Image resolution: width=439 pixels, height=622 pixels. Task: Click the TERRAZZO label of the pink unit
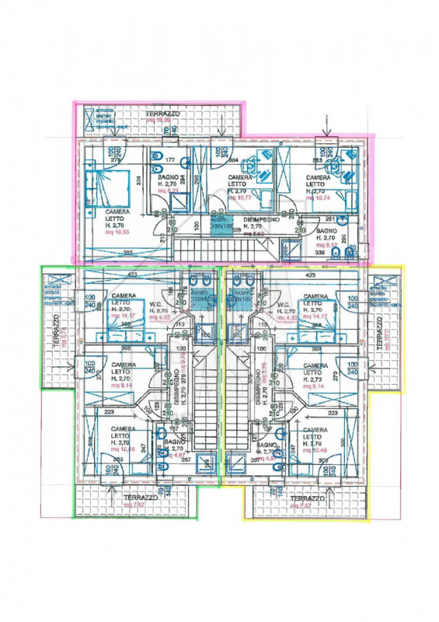(x=163, y=114)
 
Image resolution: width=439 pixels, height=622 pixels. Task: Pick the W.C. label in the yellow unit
(x=267, y=304)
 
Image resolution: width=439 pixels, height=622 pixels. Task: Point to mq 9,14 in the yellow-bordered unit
(x=315, y=386)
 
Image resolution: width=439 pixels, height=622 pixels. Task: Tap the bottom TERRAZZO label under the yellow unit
(x=307, y=498)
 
